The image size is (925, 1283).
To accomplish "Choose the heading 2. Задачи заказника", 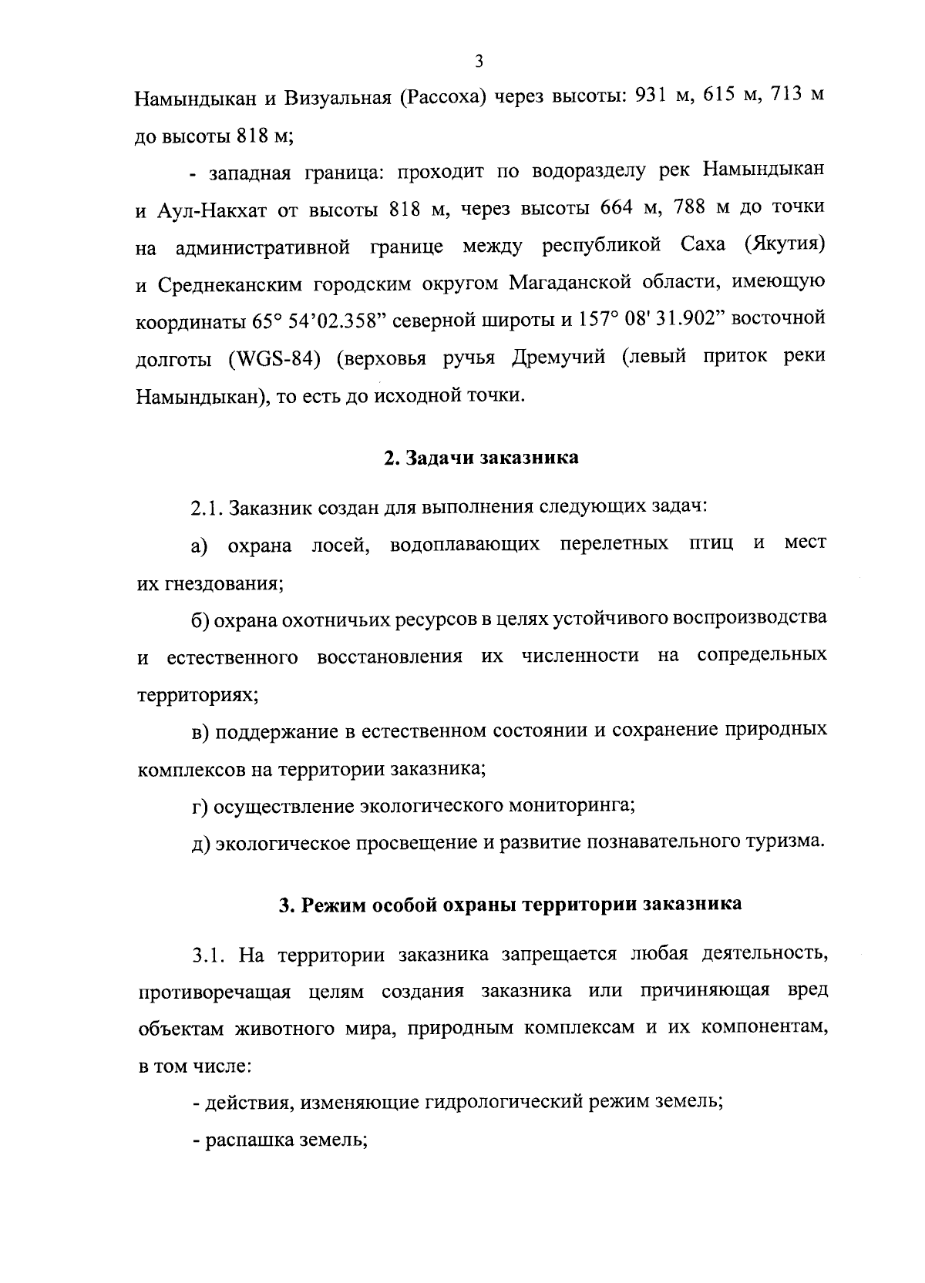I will (x=481, y=458).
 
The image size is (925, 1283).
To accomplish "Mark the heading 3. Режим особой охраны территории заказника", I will (x=510, y=904).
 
